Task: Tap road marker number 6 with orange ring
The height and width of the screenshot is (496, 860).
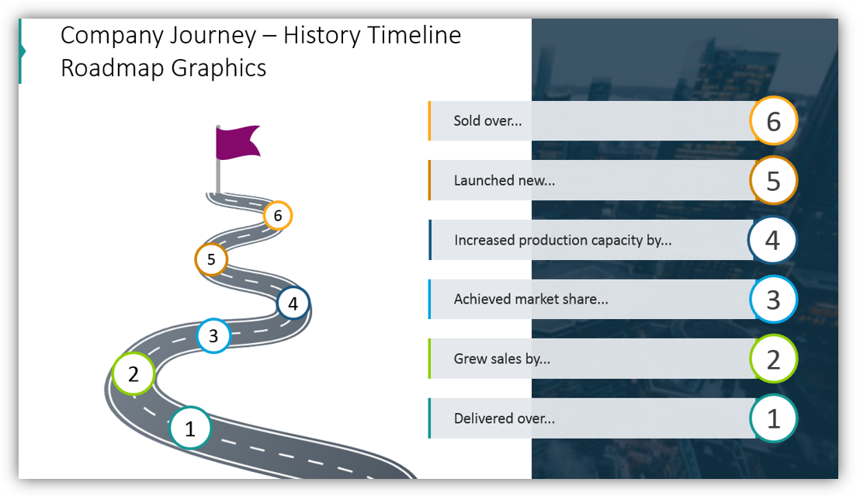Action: coord(278,215)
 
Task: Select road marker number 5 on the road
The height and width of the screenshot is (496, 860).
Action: coord(211,260)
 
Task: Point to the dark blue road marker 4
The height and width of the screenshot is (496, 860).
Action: coord(293,303)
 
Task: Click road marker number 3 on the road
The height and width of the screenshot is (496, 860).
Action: coord(213,337)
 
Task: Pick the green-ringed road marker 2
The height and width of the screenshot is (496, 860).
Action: coord(134,374)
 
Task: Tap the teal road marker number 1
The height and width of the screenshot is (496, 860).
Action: coord(190,428)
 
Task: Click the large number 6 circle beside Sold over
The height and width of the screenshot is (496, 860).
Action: coord(773,121)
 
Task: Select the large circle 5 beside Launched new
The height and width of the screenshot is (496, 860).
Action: coord(773,180)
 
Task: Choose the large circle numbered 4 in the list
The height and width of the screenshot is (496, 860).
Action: coord(772,240)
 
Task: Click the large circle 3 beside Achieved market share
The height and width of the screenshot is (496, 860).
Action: coord(773,300)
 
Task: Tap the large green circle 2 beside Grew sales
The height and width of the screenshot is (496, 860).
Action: coord(773,359)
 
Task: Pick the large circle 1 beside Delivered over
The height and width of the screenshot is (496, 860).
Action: coord(773,418)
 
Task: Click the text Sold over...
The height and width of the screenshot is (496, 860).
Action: coord(487,121)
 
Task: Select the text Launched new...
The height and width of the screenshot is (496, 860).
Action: coord(504,181)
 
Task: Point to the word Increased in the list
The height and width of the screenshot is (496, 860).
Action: coord(484,240)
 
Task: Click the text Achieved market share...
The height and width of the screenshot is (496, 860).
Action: coord(530,299)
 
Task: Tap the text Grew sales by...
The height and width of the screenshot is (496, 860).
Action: coord(501,359)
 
